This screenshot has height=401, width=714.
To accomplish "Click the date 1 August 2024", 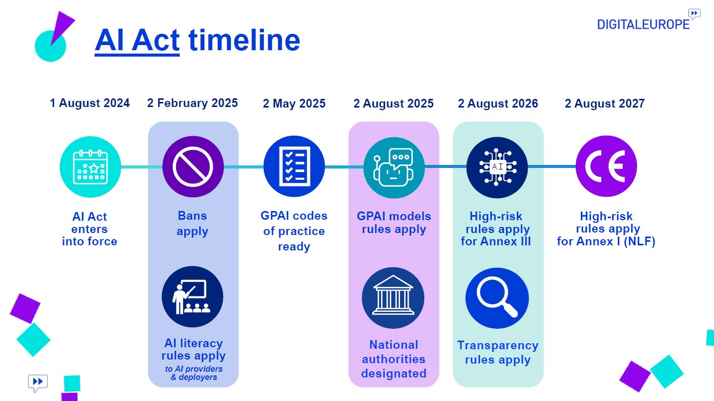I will pos(90,103).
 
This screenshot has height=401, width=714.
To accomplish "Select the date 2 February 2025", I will pos(193,103).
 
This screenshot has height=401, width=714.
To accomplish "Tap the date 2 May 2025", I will pos(294,104).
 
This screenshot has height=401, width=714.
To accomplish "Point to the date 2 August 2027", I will pos(604,104).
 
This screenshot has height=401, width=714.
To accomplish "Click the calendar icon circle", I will pos(90,166).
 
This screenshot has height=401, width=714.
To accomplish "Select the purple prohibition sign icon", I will pos(193,166).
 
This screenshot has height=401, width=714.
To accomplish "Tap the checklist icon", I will pos(294,166).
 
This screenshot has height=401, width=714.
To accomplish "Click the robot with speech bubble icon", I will pos(394,166).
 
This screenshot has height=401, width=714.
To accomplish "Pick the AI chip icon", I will pos(497,166).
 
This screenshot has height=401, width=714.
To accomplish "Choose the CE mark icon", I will pos(606,166).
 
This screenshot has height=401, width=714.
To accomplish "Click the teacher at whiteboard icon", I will pos(192,297).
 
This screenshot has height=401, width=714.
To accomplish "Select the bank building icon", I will pos(393,298).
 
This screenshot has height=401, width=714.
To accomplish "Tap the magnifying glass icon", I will pos(497,298).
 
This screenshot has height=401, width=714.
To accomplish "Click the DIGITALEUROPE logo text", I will pos(643,24).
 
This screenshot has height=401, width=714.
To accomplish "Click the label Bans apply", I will pos(193,223).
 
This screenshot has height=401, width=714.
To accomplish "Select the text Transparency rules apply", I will pos(497,352).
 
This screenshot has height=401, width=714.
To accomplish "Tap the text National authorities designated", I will pos(393,359).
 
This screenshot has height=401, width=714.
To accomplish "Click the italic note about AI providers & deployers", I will pos(194,373).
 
